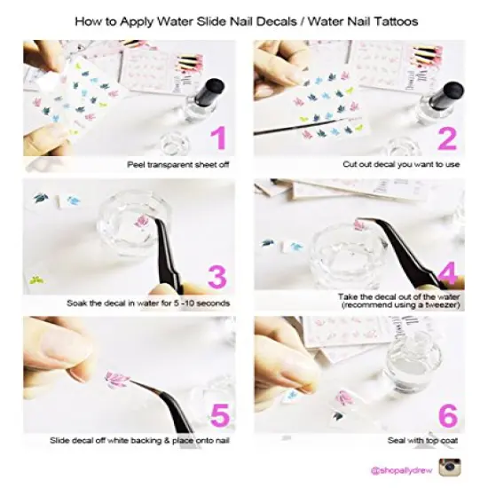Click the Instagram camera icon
[x=450, y=467]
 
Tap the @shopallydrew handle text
[x=401, y=468]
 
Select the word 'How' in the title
[x=88, y=18]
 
